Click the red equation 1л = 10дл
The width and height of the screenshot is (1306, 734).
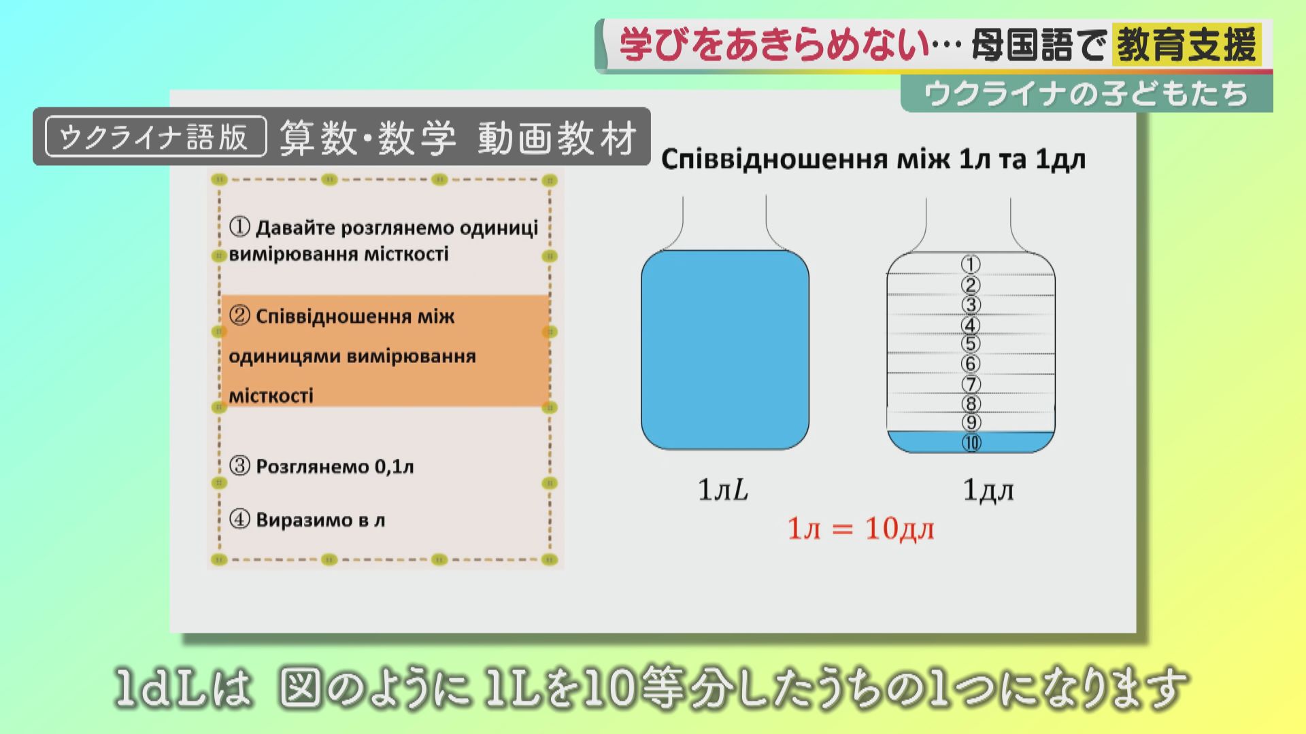[x=860, y=529]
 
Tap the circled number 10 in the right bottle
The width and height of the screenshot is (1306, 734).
[x=971, y=443]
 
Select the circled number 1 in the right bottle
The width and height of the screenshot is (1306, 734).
[x=971, y=264]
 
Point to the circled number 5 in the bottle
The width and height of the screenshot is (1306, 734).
[x=971, y=344]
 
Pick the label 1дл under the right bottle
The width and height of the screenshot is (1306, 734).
[x=988, y=490]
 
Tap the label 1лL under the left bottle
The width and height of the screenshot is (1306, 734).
[x=723, y=490]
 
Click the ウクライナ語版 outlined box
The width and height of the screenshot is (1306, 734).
[x=156, y=137]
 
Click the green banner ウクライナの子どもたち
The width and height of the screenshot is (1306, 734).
[x=1087, y=94]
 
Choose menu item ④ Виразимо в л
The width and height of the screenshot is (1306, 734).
[x=307, y=520]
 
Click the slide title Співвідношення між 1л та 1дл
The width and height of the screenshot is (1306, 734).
[x=873, y=159]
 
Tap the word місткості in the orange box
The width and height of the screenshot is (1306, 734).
[x=271, y=396]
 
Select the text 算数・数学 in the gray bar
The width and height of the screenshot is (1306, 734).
[x=367, y=137]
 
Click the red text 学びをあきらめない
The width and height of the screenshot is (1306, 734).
[x=774, y=46]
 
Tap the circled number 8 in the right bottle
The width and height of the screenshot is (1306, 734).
[x=971, y=404]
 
